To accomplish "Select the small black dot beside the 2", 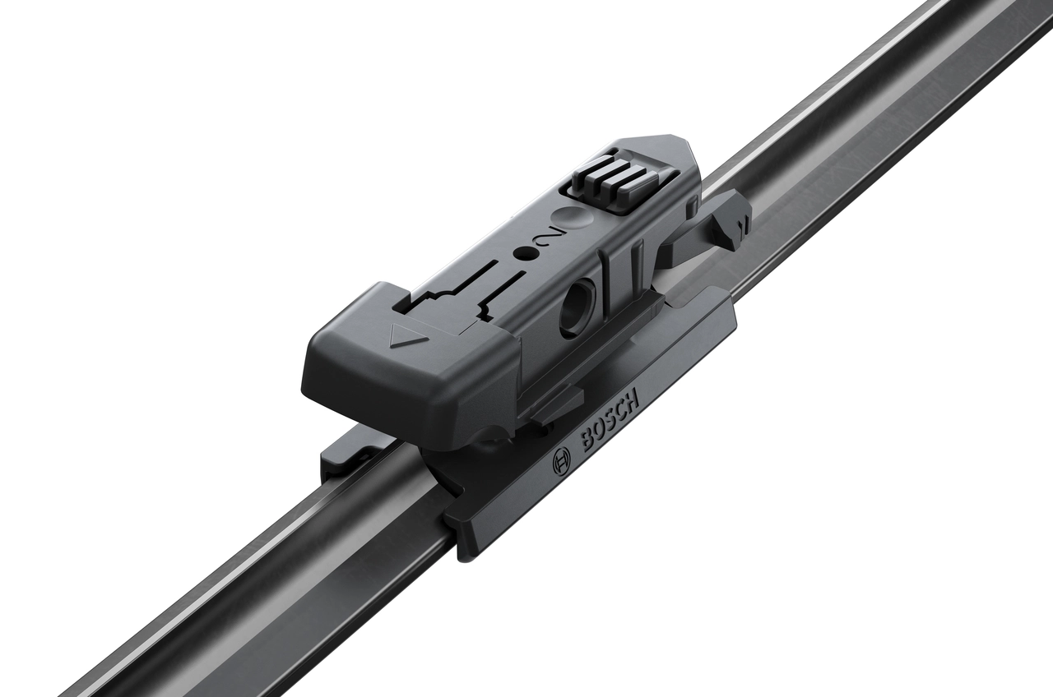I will [521, 253].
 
